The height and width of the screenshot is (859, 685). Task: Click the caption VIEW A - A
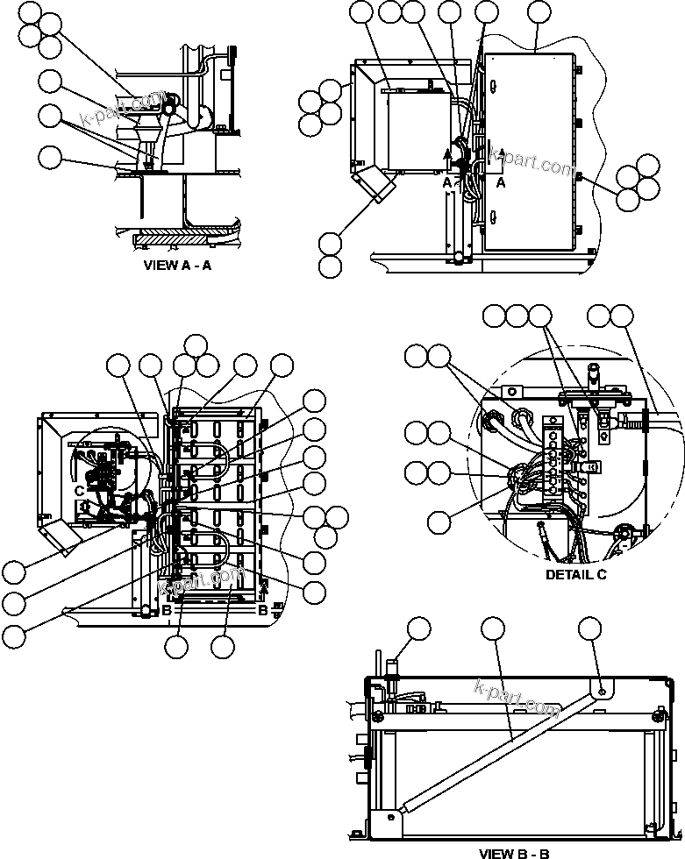(176, 266)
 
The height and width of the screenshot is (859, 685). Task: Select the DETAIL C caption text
(575, 575)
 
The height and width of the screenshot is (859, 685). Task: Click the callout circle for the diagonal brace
(494, 628)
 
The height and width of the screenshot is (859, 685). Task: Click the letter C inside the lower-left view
(79, 491)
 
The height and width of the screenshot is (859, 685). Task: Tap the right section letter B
(262, 610)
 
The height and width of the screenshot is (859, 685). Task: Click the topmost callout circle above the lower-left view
(196, 344)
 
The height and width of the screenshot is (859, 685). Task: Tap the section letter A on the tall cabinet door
(501, 183)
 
